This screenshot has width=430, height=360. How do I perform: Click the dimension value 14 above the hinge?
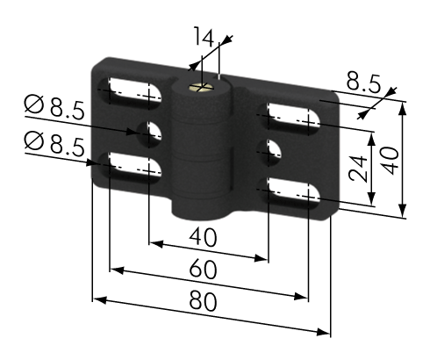pos(204,37)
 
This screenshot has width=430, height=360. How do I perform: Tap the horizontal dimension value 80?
pos(203,301)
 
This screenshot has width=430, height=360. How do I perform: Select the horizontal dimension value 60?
pos(203,269)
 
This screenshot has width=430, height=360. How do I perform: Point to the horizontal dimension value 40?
pos(203,237)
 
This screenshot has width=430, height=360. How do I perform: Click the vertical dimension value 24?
pos(358,169)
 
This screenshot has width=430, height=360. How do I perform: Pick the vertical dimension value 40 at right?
pos(391,161)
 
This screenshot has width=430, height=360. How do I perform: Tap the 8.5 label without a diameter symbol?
pos(363,82)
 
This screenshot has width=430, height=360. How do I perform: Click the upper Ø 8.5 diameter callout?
pos(54,107)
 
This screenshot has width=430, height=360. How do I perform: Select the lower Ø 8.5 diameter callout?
pos(54,142)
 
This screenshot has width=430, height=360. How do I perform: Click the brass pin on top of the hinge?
pos(201,87)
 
